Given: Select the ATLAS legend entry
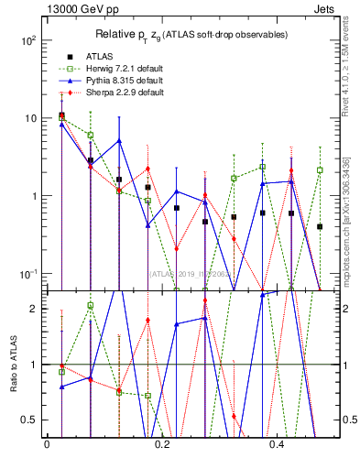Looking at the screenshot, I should tap(87, 56).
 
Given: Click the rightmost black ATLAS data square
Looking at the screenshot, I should tap(320, 226).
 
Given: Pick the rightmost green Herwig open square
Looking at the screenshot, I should tap(320, 170).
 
